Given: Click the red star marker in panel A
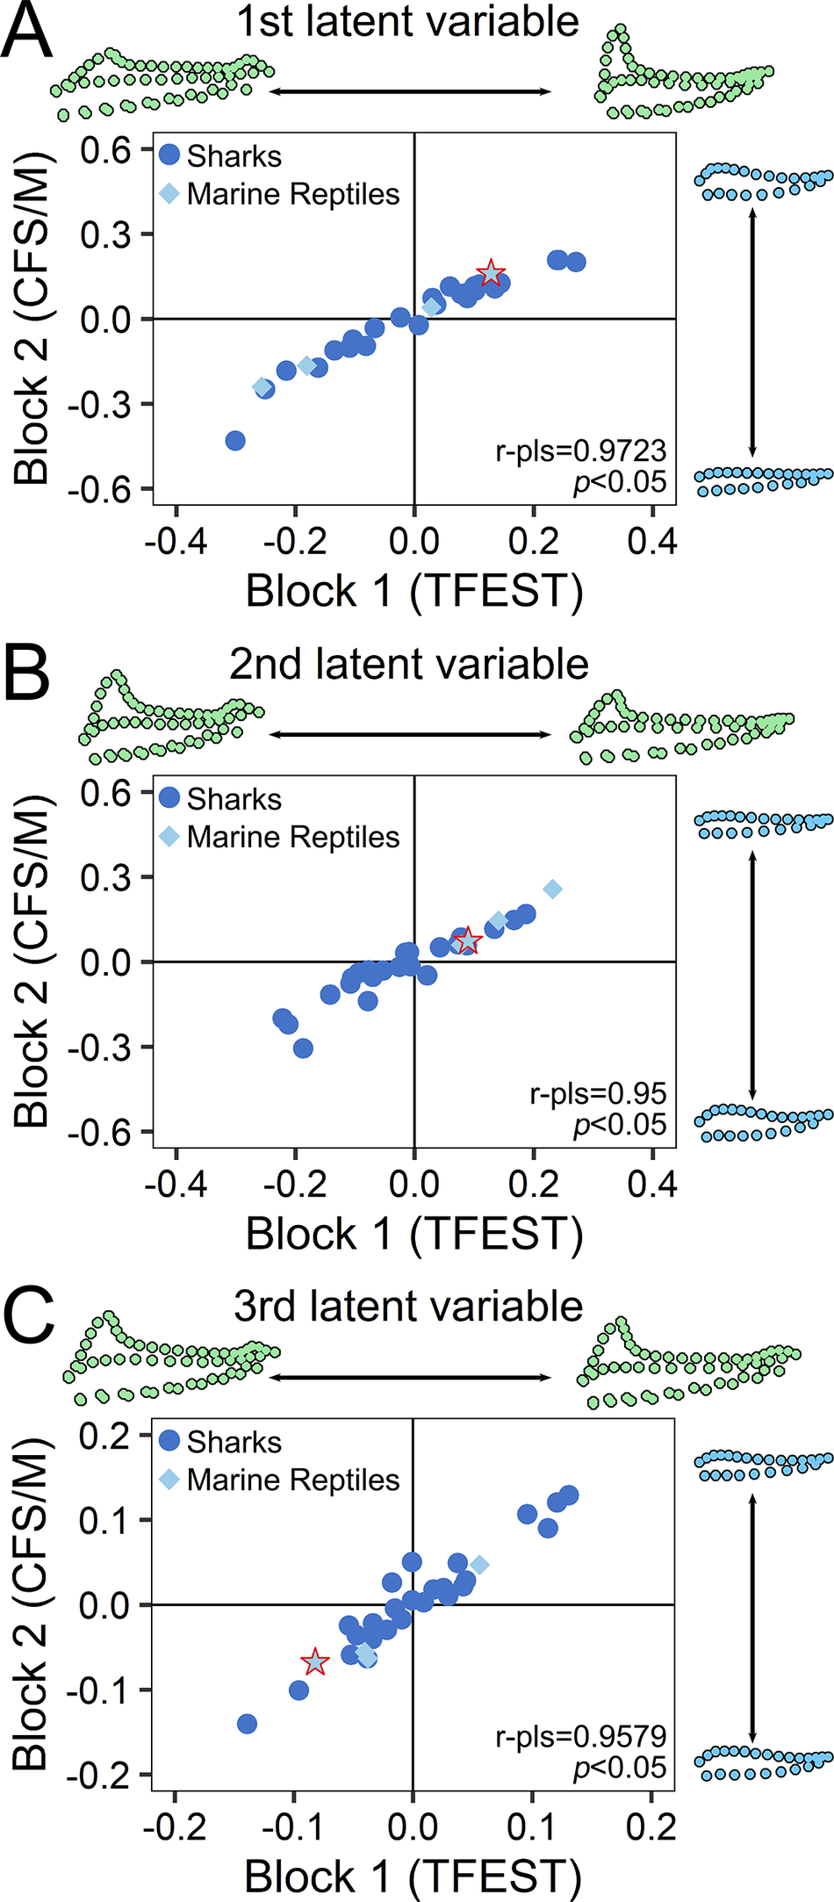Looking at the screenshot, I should (491, 273).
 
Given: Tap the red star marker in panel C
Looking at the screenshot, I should (315, 1661).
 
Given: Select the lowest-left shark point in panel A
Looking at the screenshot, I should (235, 441).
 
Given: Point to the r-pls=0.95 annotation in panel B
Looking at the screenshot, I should (598, 1094).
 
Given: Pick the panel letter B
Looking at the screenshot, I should (27, 674).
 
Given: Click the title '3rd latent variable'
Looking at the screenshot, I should (408, 1307).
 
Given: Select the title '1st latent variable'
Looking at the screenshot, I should (408, 21).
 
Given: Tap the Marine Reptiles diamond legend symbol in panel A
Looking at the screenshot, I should (169, 193).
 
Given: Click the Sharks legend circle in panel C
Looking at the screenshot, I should (170, 1441).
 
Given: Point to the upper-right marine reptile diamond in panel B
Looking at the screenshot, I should (552, 890).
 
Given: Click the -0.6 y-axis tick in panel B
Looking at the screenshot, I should (105, 1133).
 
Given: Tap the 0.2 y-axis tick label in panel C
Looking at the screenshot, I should (105, 1437).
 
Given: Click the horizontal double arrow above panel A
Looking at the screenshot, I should (410, 91).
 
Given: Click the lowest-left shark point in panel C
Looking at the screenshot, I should (248, 1724).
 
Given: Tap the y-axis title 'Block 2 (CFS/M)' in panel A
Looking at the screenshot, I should (32, 320).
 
